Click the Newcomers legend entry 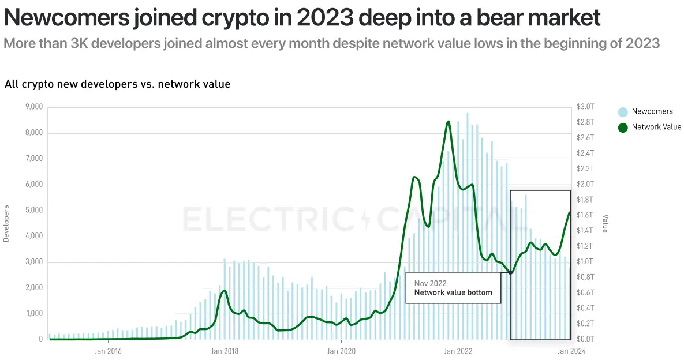652,111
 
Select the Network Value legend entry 656,127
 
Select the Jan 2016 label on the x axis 107,350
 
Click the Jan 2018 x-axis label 224,350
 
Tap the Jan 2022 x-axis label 457,350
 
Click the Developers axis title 6,223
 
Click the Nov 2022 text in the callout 431,283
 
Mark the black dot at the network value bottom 510,273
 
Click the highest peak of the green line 448,122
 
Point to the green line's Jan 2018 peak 224,290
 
